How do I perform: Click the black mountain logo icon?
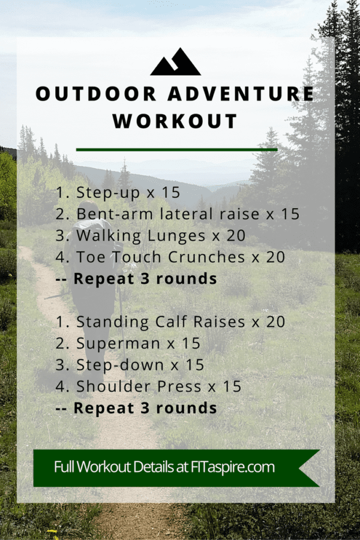coord(175,63)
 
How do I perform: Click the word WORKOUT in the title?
coord(175,121)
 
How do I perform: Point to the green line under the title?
coord(176,149)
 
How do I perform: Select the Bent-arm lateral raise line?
coord(177,214)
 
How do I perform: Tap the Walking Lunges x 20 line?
coord(150,236)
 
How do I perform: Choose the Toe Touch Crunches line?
coord(171,257)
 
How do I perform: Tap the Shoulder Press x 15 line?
coord(149,386)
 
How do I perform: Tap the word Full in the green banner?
coord(65,467)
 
